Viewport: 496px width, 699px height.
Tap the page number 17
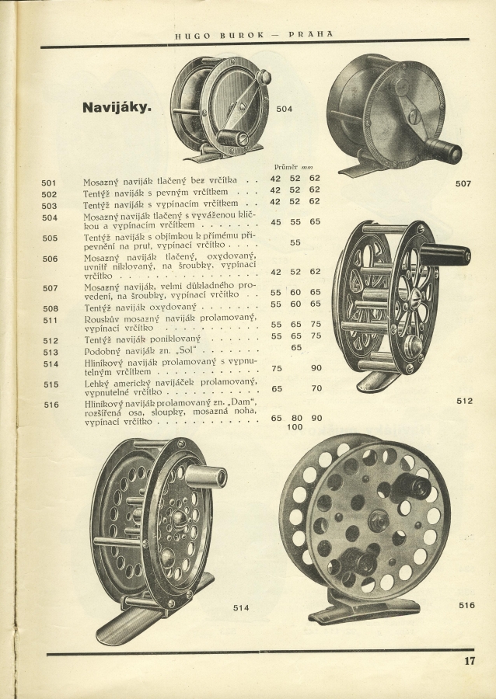pos(469,662)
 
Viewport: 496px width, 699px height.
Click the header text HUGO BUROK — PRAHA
pos(253,33)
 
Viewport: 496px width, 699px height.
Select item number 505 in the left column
pos(49,238)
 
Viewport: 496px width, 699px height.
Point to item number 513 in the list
pos(49,351)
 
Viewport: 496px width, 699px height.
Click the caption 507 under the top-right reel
pos(463,184)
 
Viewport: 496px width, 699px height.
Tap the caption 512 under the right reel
pos(465,401)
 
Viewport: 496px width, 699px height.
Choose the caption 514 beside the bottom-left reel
pos(241,608)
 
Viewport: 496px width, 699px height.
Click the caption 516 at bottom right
pos(466,604)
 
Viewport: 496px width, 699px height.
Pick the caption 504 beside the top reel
pos(285,109)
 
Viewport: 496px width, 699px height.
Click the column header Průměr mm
pos(293,167)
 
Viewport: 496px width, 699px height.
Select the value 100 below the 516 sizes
pos(295,427)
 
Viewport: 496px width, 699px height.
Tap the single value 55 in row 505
pos(295,242)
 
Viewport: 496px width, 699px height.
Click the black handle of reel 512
pos(449,254)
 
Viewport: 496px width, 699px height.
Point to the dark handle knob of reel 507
pos(447,153)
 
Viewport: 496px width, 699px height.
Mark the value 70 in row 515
pos(316,388)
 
